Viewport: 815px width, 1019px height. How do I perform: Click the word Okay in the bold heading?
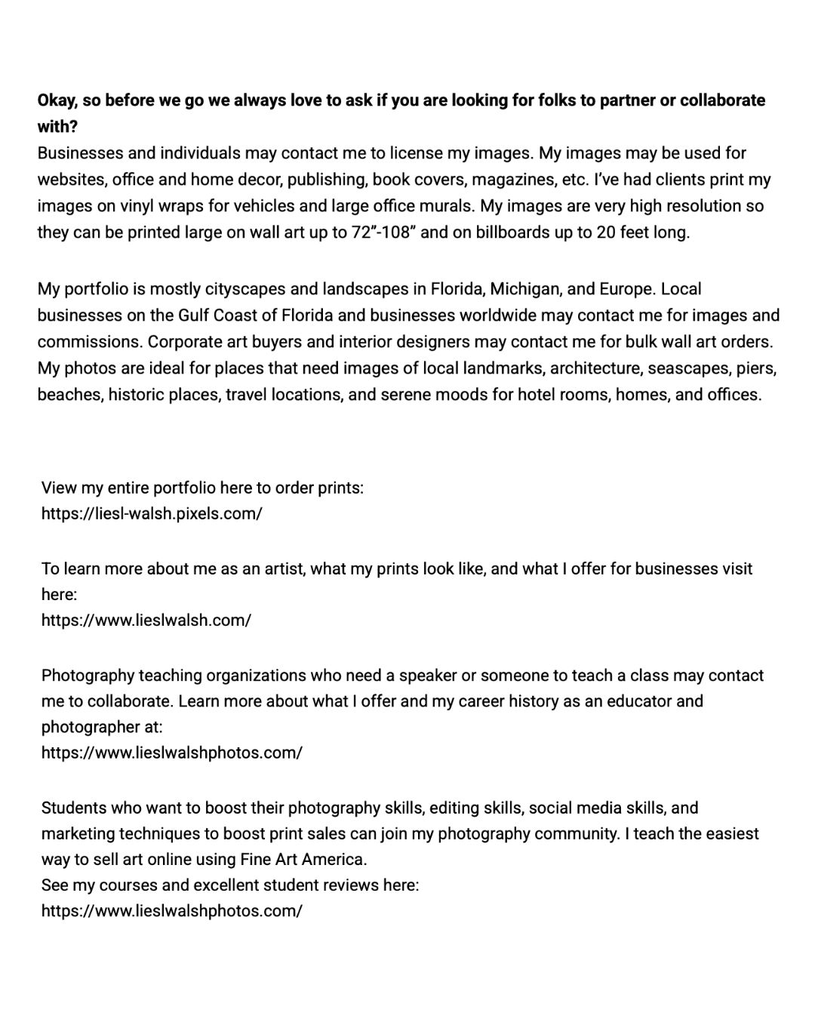(x=57, y=100)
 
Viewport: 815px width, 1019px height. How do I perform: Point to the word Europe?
(x=627, y=289)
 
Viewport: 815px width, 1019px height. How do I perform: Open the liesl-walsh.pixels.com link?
(x=152, y=514)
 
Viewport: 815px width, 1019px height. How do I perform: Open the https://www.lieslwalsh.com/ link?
(x=146, y=620)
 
